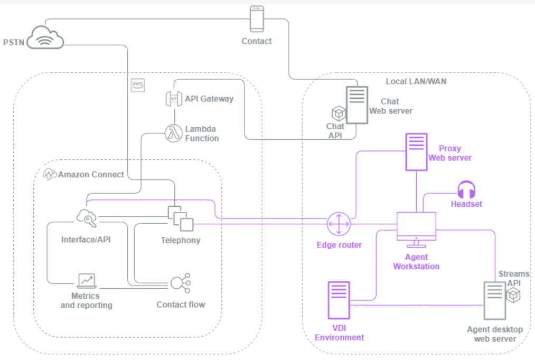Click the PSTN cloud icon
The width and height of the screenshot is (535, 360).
click(x=47, y=36)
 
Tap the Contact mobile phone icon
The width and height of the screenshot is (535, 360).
click(x=257, y=18)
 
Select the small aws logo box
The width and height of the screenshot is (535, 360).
click(x=138, y=84)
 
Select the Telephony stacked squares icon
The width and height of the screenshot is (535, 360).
click(x=180, y=218)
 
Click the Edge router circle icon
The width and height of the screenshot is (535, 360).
click(x=338, y=224)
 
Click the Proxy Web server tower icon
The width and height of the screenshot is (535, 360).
click(x=416, y=152)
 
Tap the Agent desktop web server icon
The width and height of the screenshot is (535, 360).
click(x=494, y=301)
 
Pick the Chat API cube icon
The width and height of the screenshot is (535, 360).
click(x=337, y=113)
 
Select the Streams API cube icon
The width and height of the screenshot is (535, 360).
click(x=513, y=296)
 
